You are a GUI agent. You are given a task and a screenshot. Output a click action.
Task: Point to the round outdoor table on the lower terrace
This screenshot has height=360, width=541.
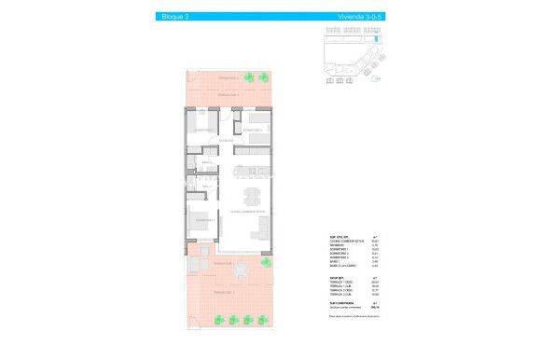point(242,270)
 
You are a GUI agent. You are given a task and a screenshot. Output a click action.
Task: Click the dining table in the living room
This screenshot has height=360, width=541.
point(250,197)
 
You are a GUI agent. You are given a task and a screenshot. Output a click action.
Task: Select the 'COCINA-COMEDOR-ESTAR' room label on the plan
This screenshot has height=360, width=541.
point(248,213)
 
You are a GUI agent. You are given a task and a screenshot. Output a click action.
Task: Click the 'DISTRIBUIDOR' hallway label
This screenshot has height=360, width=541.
point(226,142)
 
